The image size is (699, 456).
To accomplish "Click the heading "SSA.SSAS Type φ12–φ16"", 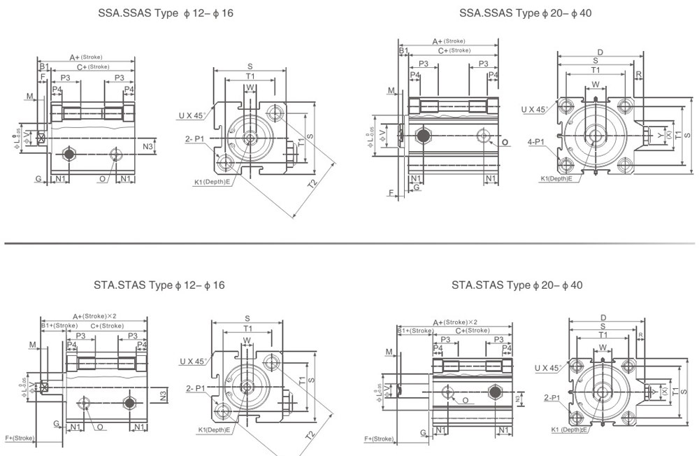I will point(166,13).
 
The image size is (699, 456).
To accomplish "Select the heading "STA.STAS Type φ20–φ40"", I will point(517,285).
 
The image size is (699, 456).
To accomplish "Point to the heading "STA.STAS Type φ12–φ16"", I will point(159,285).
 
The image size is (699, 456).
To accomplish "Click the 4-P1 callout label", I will point(536,142).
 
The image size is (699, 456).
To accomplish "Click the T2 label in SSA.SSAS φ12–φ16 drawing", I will point(312,183).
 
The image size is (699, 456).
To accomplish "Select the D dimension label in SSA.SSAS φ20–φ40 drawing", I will point(600,52).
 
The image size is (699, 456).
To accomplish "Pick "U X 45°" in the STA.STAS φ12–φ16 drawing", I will point(193,362).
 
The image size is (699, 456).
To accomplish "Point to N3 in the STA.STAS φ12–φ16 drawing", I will point(163,396).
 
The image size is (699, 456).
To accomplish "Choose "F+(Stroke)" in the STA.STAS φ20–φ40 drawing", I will point(379,439).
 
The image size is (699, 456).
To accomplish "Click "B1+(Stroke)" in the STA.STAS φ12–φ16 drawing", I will point(59,326).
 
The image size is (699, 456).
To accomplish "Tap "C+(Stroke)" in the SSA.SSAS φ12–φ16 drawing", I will point(93,66).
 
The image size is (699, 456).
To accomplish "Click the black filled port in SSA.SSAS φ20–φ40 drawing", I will point(424,135).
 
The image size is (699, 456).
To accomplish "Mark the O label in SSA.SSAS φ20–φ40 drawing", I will point(503,143).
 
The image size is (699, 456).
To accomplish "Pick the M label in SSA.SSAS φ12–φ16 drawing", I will point(30,96).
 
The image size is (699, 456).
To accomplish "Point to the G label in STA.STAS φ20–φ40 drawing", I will point(423,434).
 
